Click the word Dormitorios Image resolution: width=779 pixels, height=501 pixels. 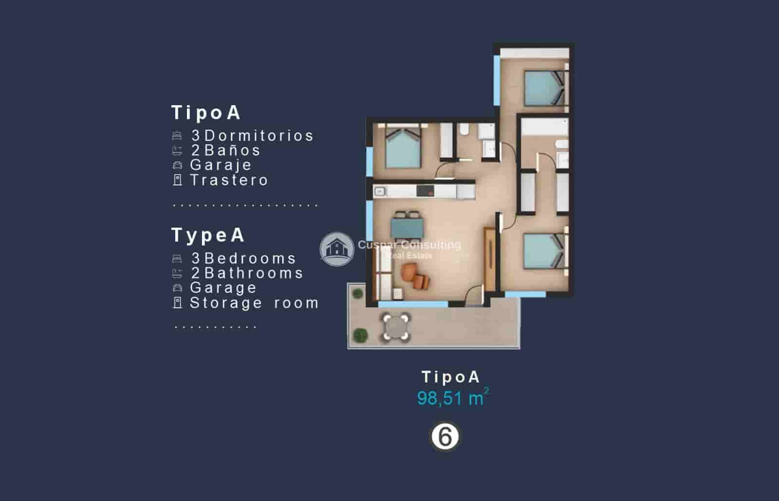point(259,135)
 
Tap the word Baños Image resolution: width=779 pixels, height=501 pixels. point(233,150)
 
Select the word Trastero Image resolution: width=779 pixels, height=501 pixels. point(229,180)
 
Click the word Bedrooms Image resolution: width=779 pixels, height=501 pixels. point(250,258)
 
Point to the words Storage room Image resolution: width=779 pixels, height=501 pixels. point(254,303)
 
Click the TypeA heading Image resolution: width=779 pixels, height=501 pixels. point(208,235)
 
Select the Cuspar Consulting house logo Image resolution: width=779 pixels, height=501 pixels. point(336,249)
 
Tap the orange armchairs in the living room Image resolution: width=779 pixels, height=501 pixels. point(415,276)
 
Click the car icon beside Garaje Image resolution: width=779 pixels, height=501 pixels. point(178,166)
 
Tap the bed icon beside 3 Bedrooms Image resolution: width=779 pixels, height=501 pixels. point(177,259)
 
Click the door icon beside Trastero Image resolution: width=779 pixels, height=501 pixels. point(178,180)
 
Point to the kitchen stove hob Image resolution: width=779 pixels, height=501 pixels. point(425,190)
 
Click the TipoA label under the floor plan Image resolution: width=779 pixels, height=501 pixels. point(451,377)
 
